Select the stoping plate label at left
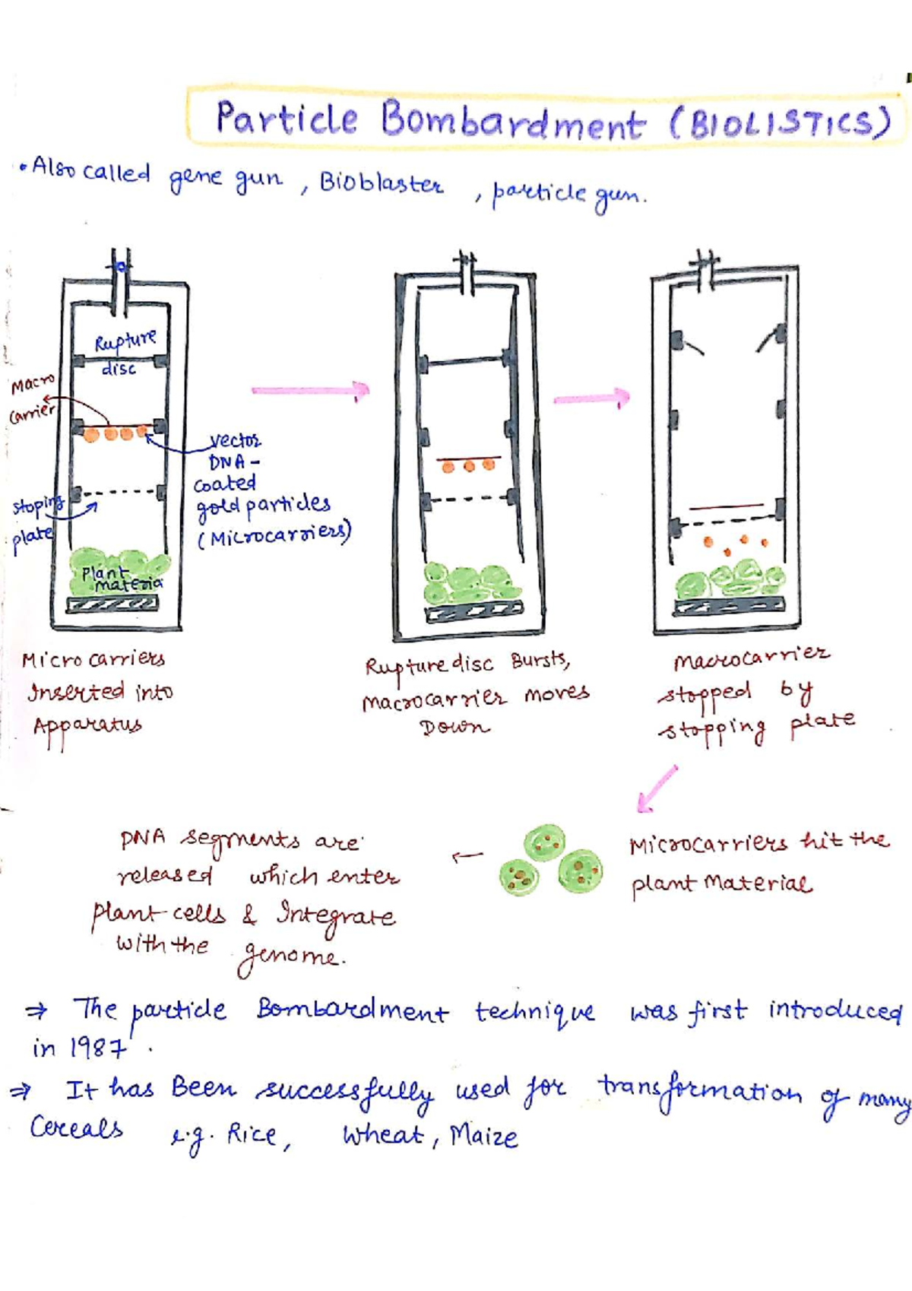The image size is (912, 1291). [34, 520]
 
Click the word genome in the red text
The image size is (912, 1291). [289, 956]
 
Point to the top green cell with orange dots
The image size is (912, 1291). [544, 842]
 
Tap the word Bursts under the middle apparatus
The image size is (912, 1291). [540, 660]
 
